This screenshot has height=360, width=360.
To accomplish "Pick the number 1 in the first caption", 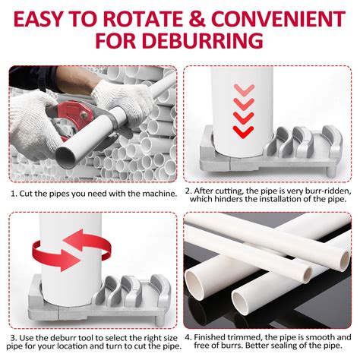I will (13, 193).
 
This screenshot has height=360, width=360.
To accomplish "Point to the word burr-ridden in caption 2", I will (319, 193).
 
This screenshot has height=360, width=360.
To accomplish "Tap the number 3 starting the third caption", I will (13, 336).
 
